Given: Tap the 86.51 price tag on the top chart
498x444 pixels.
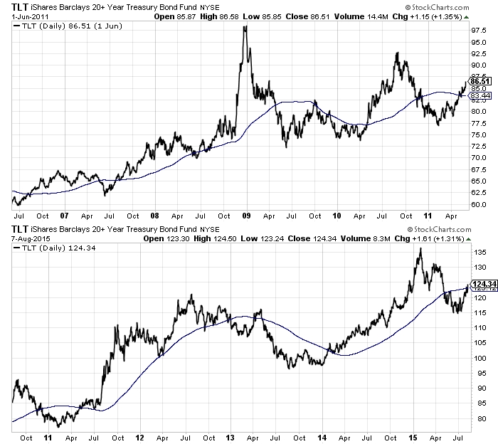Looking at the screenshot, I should click(481, 82).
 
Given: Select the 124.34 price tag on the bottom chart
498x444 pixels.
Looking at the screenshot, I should click(481, 285).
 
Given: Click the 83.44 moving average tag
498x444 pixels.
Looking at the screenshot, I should click(481, 95).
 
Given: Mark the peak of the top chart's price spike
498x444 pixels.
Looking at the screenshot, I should click(245, 27).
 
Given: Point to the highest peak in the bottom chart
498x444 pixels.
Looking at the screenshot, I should click(420, 248).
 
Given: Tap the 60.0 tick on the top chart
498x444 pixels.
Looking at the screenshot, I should click(478, 204).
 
